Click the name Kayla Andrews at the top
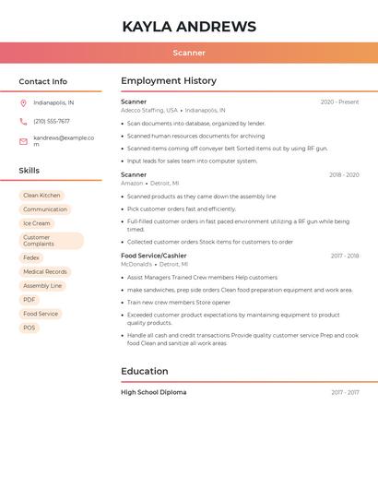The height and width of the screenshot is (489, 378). (189, 26)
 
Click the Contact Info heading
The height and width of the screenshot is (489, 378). (43, 81)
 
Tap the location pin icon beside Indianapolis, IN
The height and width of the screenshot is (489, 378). (23, 102)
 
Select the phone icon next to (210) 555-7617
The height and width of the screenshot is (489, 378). (23, 121)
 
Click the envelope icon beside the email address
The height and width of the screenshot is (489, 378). (23, 141)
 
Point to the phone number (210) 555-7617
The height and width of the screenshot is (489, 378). (52, 121)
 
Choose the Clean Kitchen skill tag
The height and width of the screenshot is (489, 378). (41, 196)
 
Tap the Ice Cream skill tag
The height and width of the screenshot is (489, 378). (37, 223)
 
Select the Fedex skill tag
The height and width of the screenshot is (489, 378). (31, 258)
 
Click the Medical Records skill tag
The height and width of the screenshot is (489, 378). (45, 272)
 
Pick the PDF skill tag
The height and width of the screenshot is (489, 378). (30, 300)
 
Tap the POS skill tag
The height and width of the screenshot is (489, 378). (30, 328)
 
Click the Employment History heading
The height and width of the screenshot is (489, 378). (169, 81)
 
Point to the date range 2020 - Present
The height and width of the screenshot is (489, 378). (339, 101)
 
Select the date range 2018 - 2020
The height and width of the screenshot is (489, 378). (344, 174)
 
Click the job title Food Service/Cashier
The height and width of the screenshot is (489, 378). (154, 256)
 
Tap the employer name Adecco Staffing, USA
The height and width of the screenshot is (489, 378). (149, 110)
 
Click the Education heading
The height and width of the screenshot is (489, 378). (145, 371)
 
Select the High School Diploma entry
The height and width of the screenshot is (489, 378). (154, 392)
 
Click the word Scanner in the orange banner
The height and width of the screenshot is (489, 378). (189, 54)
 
